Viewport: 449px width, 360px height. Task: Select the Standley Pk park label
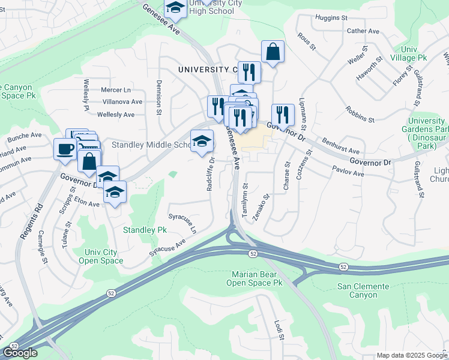[x=145, y=230]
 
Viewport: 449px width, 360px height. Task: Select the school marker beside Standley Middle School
[x=202, y=141]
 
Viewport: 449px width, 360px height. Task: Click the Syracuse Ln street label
[x=182, y=223]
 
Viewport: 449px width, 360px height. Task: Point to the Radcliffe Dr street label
[x=211, y=173]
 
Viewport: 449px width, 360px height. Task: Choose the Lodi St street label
[x=279, y=330]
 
